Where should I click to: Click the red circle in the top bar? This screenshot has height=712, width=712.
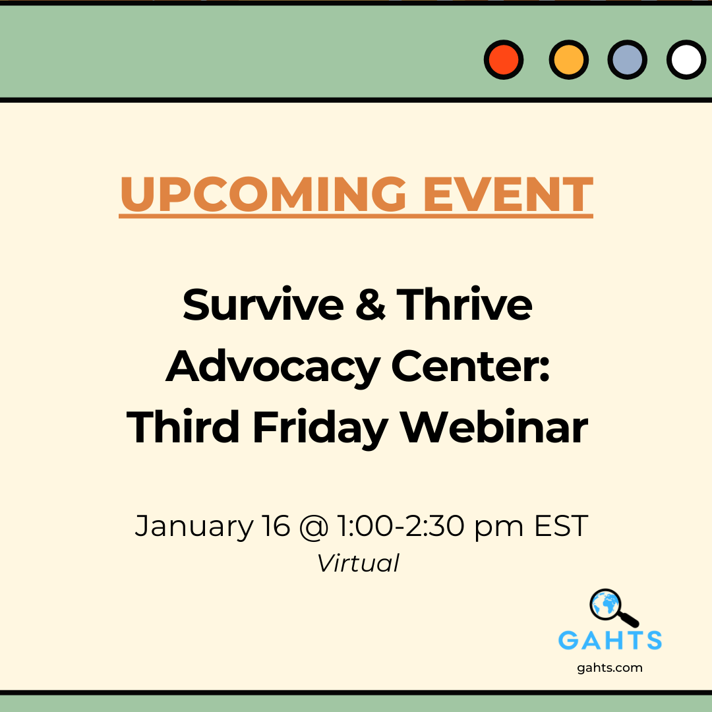pyautogui.click(x=504, y=60)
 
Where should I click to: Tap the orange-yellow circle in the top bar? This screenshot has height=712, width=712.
pyautogui.click(x=568, y=60)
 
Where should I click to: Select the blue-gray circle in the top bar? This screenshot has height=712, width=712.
pyautogui.click(x=628, y=60)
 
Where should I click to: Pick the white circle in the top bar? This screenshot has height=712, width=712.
pyautogui.click(x=686, y=60)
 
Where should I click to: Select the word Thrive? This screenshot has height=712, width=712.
pyautogui.click(x=464, y=305)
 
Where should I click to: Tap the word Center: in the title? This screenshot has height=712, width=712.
pyautogui.click(x=471, y=367)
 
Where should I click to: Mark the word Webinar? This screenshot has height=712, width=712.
pyautogui.click(x=494, y=427)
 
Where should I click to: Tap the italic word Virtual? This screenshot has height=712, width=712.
pyautogui.click(x=358, y=564)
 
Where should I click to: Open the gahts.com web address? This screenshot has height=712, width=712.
pyautogui.click(x=610, y=668)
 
